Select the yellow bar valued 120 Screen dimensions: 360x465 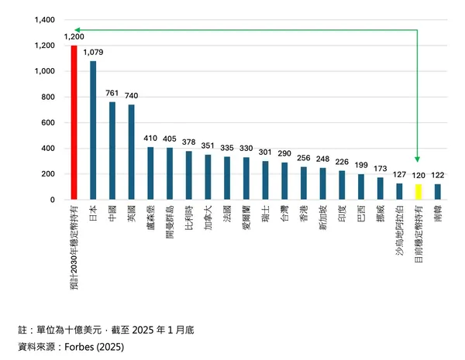[418, 192]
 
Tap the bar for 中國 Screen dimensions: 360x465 [112, 151]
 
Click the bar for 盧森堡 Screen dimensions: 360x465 [150, 173]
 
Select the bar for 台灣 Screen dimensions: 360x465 [284, 181]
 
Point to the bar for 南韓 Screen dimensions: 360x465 [437, 192]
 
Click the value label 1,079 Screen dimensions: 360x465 [93, 53]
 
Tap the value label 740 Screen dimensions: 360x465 [131, 96]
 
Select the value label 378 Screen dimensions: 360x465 [188, 142]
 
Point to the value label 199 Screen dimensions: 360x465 [360, 166]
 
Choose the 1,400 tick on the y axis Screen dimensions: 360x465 [42, 20]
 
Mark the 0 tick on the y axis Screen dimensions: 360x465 [51, 200]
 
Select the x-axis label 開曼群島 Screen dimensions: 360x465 [170, 224]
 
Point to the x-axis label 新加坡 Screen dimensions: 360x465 [322, 220]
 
